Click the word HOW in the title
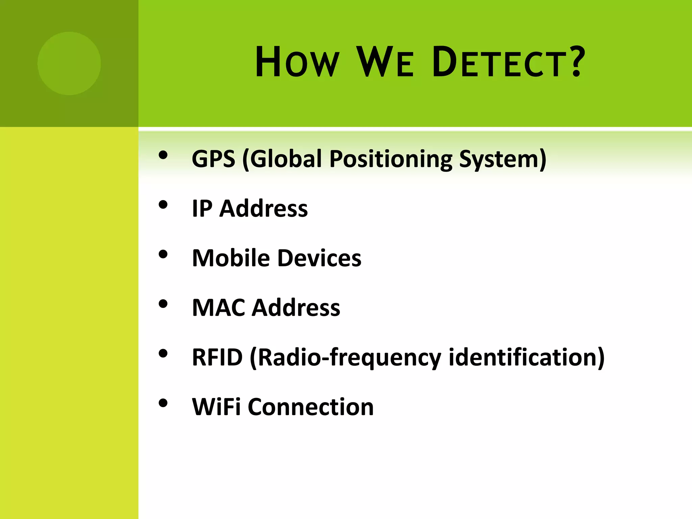pyautogui.click(x=297, y=63)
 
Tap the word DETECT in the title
pyautogui.click(x=498, y=63)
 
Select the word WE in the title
pyautogui.click(x=385, y=63)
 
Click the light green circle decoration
pyautogui.click(x=69, y=63)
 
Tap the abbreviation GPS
pyautogui.click(x=213, y=158)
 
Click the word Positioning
pyautogui.click(x=391, y=159)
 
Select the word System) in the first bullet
pyautogui.click(x=502, y=159)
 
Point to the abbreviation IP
pyautogui.click(x=202, y=208)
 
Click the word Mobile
pyautogui.click(x=231, y=258)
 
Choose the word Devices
pyautogui.click(x=319, y=258)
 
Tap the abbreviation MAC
pyautogui.click(x=218, y=307)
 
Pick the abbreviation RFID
pyautogui.click(x=217, y=357)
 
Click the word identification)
pyautogui.click(x=526, y=357)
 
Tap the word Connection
pyautogui.click(x=311, y=406)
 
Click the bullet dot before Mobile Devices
pyautogui.click(x=163, y=255)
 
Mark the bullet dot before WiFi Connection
pyautogui.click(x=163, y=403)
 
